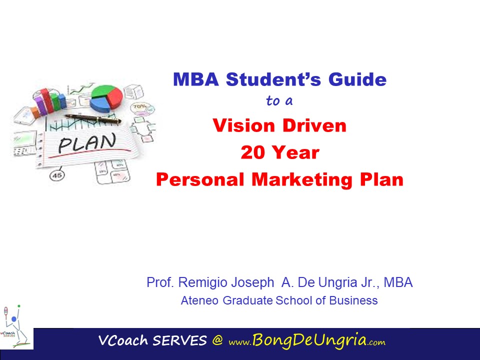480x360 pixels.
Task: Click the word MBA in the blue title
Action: click(x=196, y=79)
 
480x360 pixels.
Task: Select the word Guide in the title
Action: click(x=357, y=79)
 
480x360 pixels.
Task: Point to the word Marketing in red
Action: click(x=302, y=179)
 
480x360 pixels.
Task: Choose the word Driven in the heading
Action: click(x=314, y=125)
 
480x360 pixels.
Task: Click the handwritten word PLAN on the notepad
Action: click(x=87, y=143)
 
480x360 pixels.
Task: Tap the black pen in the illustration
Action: click(x=93, y=119)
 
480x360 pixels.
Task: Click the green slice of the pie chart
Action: click(x=102, y=91)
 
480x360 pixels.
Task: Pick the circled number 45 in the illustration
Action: click(x=57, y=175)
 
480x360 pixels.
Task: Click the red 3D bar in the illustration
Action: click(x=47, y=100)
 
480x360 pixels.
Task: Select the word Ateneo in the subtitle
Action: click(x=199, y=300)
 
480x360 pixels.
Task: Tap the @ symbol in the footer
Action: click(x=217, y=340)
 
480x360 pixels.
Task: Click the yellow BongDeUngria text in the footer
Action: click(x=309, y=340)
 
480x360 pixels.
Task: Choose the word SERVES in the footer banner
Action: click(x=179, y=340)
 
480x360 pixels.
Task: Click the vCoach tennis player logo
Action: click(x=15, y=327)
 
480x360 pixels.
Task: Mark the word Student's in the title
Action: click(x=273, y=79)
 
